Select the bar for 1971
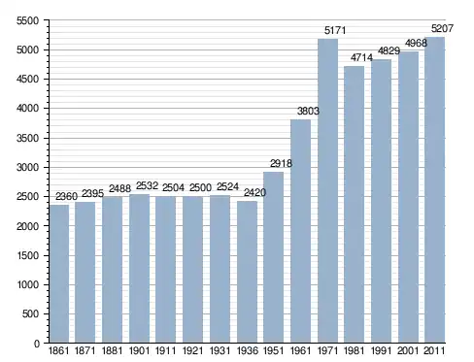pyautogui.click(x=327, y=191)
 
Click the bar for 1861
pyautogui.click(x=59, y=274)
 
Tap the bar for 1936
pyautogui.click(x=247, y=272)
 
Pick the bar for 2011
pyautogui.click(x=435, y=190)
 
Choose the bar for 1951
pyautogui.click(x=273, y=257)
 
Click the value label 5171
pyautogui.click(x=335, y=31)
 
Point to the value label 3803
pyautogui.click(x=308, y=112)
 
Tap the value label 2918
pyautogui.click(x=281, y=164)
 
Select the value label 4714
pyautogui.click(x=361, y=58)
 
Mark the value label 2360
pyautogui.click(x=67, y=196)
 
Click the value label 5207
pyautogui.click(x=442, y=29)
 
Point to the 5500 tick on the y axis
pyautogui.click(x=27, y=20)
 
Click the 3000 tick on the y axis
pyautogui.click(x=27, y=168)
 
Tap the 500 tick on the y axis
pyautogui.click(x=30, y=314)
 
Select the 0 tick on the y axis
pyautogui.click(x=37, y=344)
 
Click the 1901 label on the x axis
pyautogui.click(x=139, y=351)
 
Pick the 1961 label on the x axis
pyautogui.click(x=300, y=351)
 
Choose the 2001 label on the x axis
pyautogui.click(x=408, y=351)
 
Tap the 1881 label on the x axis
pyautogui.click(x=112, y=351)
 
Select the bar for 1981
pyautogui.click(x=355, y=205)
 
